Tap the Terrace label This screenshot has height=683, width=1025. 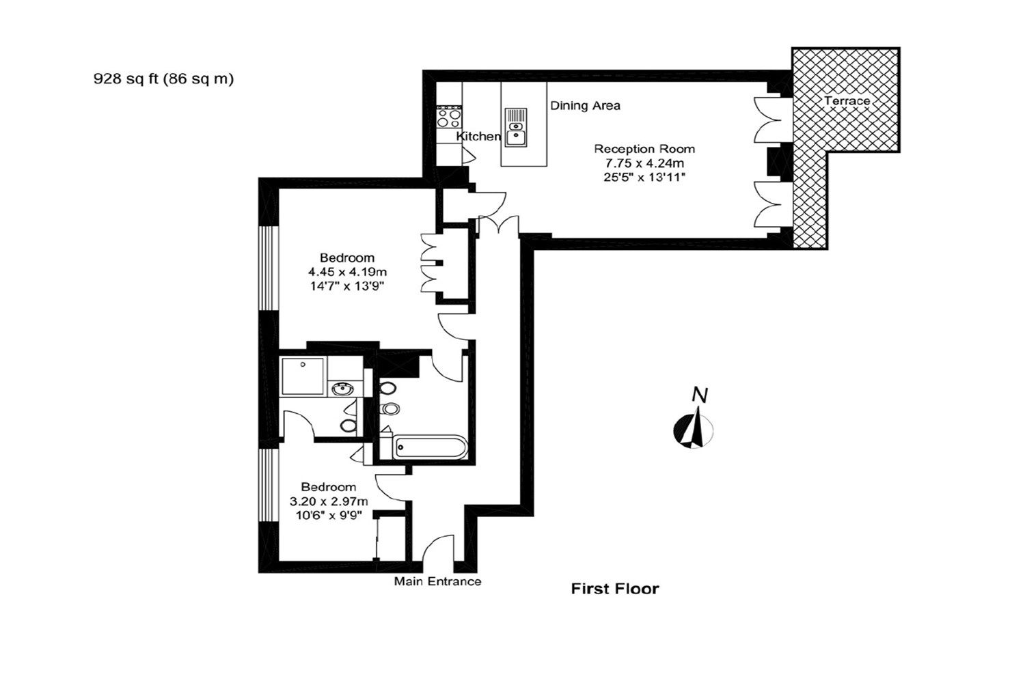(x=847, y=100)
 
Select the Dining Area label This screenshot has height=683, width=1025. (x=585, y=106)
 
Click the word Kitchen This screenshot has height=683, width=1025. (x=478, y=136)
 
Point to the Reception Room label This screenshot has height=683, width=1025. (x=644, y=149)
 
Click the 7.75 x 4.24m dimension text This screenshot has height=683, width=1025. (x=644, y=163)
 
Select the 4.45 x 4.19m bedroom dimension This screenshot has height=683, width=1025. (x=347, y=272)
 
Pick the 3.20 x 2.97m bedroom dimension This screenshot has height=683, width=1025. (x=329, y=501)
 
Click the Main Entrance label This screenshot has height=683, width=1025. (x=437, y=581)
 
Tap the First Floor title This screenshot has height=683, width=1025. (x=615, y=588)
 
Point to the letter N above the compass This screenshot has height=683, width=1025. (x=700, y=395)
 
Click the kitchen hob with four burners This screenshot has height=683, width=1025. (x=449, y=117)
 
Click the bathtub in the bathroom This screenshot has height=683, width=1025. (x=430, y=447)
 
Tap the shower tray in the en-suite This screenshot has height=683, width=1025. (x=303, y=376)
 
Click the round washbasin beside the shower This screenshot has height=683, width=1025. (x=342, y=389)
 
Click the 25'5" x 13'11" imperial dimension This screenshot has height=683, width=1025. (x=644, y=177)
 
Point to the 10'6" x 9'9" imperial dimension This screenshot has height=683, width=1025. (x=329, y=515)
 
